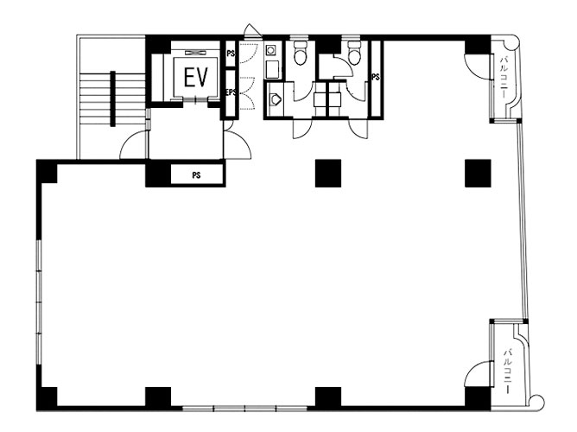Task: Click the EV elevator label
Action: click(196, 78)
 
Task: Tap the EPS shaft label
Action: click(231, 92)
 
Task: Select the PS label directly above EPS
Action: click(231, 54)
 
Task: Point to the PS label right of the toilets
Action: click(376, 77)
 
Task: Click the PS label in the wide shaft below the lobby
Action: click(196, 175)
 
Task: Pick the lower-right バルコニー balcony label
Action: click(508, 372)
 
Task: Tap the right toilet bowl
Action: click(354, 54)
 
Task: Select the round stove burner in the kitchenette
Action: click(271, 49)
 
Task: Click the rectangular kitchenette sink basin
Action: click(272, 69)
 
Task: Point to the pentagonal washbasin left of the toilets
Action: click(275, 99)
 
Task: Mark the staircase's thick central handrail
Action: click(112, 98)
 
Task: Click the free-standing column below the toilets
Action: click(328, 174)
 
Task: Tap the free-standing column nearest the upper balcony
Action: click(478, 174)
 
